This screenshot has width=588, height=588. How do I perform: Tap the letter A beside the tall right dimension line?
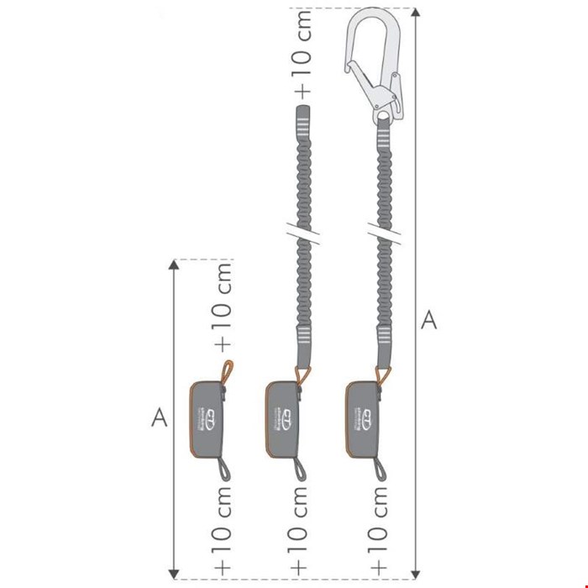click(428, 320)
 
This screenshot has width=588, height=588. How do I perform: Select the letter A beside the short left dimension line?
click(155, 417)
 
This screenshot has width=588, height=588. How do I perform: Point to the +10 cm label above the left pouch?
click(224, 307)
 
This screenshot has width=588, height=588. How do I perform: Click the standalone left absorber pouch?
click(207, 416)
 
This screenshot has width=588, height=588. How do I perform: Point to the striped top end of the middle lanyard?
click(302, 123)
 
